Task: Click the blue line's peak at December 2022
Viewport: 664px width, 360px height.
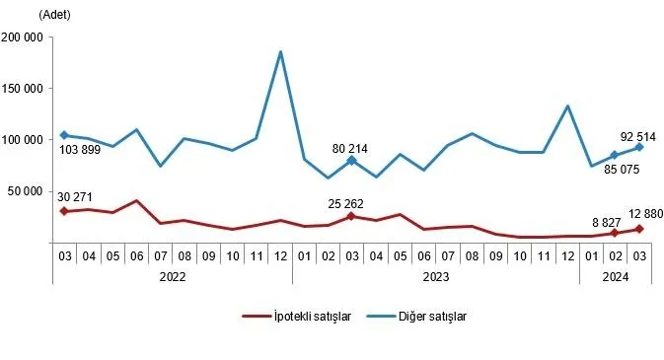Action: click(281, 52)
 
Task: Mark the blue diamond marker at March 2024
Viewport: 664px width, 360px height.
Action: click(640, 147)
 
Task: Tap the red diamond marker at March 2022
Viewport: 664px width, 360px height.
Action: click(64, 211)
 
